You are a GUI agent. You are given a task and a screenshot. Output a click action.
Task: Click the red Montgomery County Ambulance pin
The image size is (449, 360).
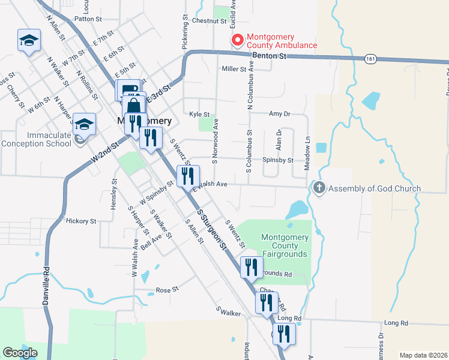click(x=237, y=41)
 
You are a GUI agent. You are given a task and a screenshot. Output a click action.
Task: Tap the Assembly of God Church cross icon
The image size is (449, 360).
click(x=319, y=188)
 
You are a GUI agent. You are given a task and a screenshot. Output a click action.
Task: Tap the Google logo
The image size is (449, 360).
click(x=20, y=353)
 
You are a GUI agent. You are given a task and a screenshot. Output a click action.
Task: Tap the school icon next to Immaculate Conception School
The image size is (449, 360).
click(x=85, y=124)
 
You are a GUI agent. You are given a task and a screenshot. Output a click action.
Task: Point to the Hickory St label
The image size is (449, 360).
click(x=81, y=221)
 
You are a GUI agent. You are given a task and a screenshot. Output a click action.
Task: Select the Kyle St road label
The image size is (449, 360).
click(x=199, y=114)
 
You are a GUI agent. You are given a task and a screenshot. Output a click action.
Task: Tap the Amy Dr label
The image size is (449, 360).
click(x=280, y=113)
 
